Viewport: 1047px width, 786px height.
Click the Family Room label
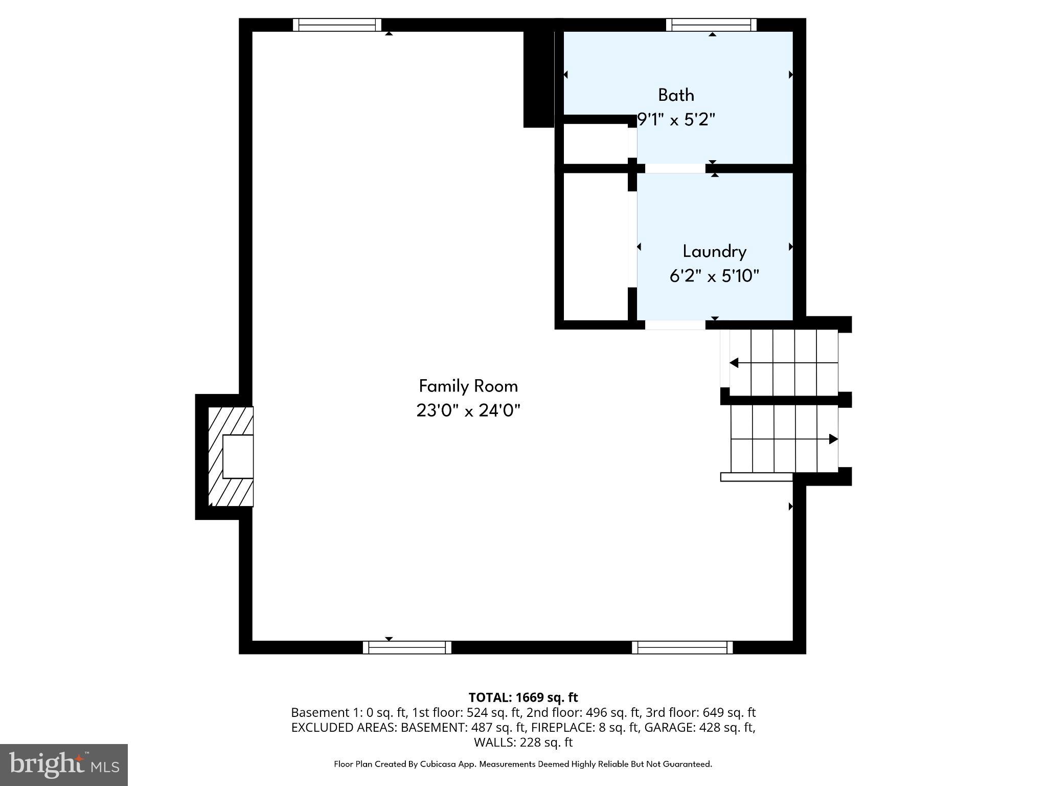[x=468, y=386]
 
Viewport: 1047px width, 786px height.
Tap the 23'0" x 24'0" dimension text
[x=468, y=410]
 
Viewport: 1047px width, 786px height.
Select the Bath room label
[x=676, y=95]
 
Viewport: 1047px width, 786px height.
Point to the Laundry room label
[x=714, y=251]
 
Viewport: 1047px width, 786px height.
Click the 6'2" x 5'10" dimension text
[x=714, y=276]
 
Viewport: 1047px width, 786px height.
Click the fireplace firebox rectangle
[x=238, y=456]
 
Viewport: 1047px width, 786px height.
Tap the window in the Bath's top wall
[x=711, y=25]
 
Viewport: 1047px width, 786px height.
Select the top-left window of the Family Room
[x=337, y=25]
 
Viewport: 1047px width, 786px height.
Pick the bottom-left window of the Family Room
[x=407, y=647]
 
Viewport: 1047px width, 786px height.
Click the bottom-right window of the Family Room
[x=682, y=647]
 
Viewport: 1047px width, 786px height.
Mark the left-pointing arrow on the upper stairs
[x=735, y=363]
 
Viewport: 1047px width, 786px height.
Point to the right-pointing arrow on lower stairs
[x=833, y=439]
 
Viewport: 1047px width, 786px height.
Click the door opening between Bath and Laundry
[x=675, y=168]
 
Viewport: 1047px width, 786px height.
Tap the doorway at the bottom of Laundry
[x=675, y=324]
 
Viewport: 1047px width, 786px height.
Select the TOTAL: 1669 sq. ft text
[x=523, y=697]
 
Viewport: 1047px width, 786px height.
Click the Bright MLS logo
[x=63, y=765]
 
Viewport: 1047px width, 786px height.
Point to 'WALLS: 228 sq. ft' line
[x=523, y=742]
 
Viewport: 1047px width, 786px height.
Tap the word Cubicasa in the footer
[x=438, y=764]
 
